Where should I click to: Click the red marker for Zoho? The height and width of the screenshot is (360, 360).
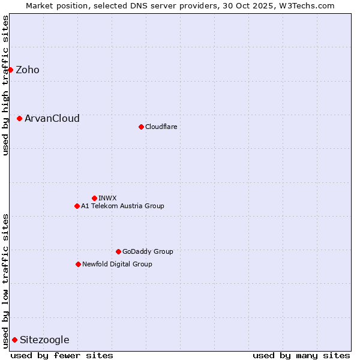point(10,70)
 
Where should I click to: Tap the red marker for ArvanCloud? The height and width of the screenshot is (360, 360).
point(19,118)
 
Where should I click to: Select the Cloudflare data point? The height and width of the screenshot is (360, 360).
point(141,127)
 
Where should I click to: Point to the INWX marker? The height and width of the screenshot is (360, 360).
point(94,198)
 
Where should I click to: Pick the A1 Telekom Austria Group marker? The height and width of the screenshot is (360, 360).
point(77,206)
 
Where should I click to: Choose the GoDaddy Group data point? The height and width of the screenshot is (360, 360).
point(118,251)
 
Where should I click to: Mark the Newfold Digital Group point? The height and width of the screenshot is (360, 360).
point(78,264)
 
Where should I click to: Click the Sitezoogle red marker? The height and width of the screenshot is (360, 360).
point(14,340)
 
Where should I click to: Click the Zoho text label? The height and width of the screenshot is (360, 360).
point(28,70)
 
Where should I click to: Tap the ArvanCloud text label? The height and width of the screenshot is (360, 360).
point(52,118)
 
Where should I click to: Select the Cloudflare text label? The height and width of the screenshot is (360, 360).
point(161,127)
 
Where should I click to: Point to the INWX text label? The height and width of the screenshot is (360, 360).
point(107,198)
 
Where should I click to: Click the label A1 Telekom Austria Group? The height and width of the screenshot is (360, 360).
point(122,206)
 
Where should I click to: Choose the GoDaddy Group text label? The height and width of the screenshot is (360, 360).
point(148,251)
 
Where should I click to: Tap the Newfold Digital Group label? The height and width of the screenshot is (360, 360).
point(117,264)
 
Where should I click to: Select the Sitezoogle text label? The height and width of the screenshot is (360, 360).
point(44,340)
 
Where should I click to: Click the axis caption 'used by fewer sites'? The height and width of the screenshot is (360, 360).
point(62,355)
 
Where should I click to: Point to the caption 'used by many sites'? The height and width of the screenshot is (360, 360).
point(301,355)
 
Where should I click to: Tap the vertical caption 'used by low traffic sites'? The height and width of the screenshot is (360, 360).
point(5,280)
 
